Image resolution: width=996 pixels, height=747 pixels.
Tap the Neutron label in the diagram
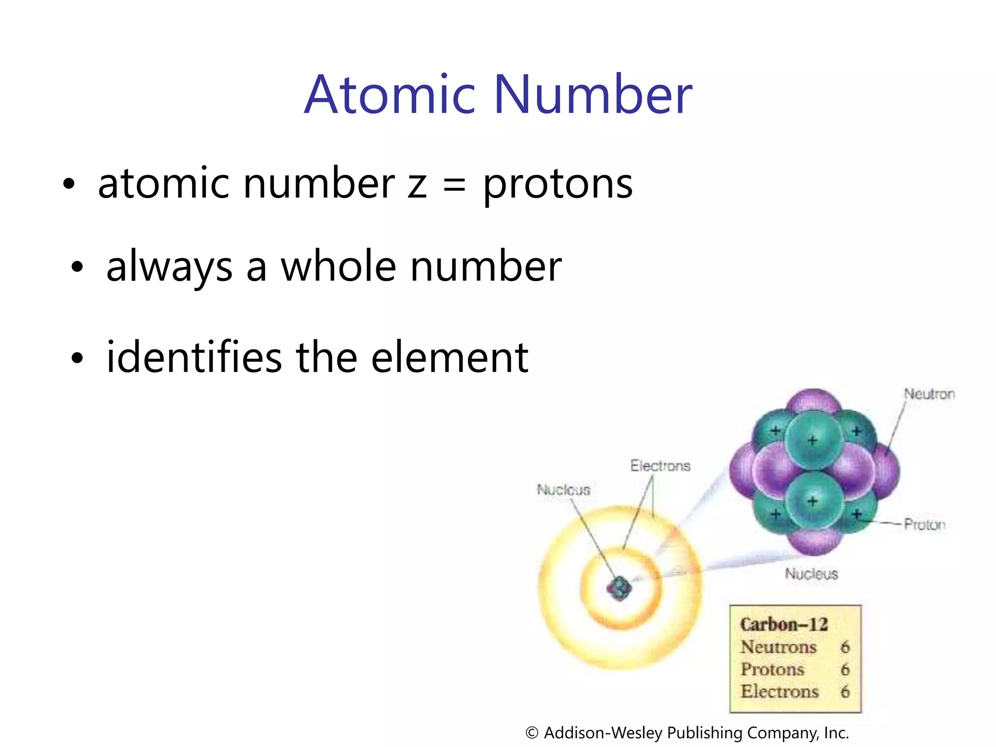(929, 394)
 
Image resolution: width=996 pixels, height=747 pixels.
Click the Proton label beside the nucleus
(925, 524)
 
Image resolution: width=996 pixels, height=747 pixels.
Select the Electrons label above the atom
(660, 466)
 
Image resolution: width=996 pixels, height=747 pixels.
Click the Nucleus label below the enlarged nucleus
(811, 574)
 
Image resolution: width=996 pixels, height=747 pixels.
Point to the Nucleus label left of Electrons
(563, 489)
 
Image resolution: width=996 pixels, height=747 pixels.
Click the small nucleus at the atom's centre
(619, 589)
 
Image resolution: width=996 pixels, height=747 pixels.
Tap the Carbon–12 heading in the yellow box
(783, 624)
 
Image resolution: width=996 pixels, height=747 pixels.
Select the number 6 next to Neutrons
(845, 647)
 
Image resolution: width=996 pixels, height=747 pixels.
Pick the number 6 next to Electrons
(845, 692)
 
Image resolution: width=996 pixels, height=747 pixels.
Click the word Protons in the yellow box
(772, 670)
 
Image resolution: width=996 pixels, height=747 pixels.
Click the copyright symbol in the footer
(532, 733)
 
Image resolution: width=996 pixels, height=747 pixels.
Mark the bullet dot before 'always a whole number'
(77, 267)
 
